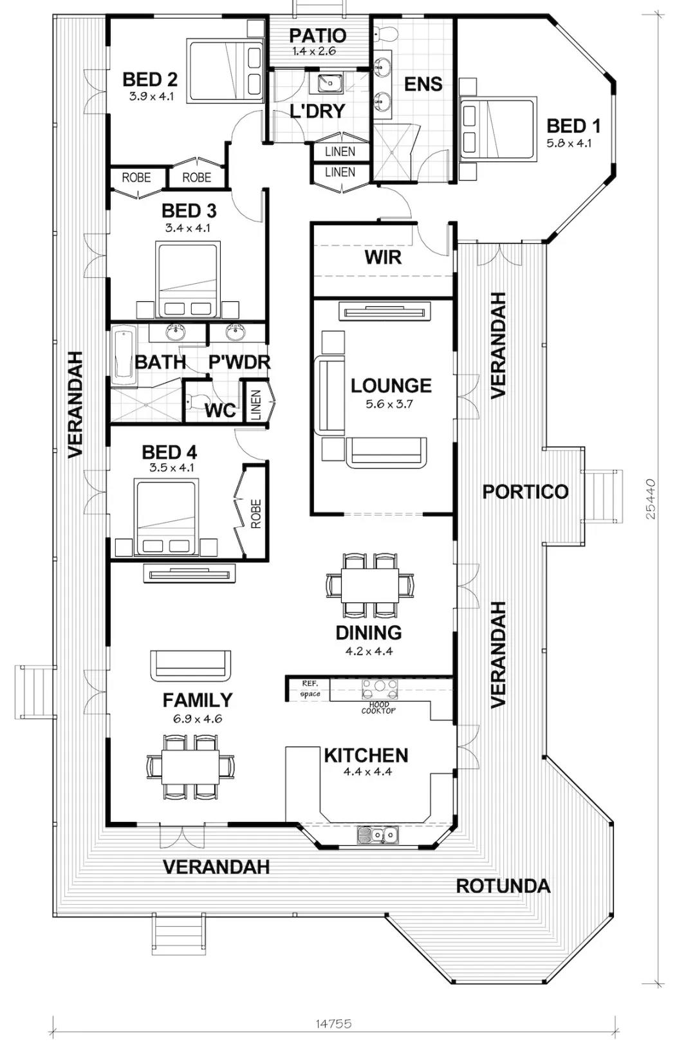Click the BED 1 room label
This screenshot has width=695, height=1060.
tap(573, 126)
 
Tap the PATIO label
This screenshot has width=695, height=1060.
tap(318, 35)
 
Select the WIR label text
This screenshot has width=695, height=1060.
tap(384, 258)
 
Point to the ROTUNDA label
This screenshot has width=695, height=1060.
tap(503, 886)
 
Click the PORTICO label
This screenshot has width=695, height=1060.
tap(525, 492)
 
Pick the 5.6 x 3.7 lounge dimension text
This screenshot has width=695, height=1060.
tap(389, 405)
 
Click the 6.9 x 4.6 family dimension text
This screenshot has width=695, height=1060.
tap(198, 719)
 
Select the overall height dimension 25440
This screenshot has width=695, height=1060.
tap(651, 499)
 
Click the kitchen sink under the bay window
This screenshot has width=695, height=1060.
tap(378, 835)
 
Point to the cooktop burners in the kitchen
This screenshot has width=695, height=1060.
tap(380, 689)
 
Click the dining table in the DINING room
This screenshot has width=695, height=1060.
tap(370, 585)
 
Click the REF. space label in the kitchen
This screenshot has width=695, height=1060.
tap(310, 689)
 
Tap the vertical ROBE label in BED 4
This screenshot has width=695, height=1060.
tap(256, 514)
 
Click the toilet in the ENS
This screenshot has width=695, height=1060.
tap(385, 33)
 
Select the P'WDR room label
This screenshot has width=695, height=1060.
tap(239, 362)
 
